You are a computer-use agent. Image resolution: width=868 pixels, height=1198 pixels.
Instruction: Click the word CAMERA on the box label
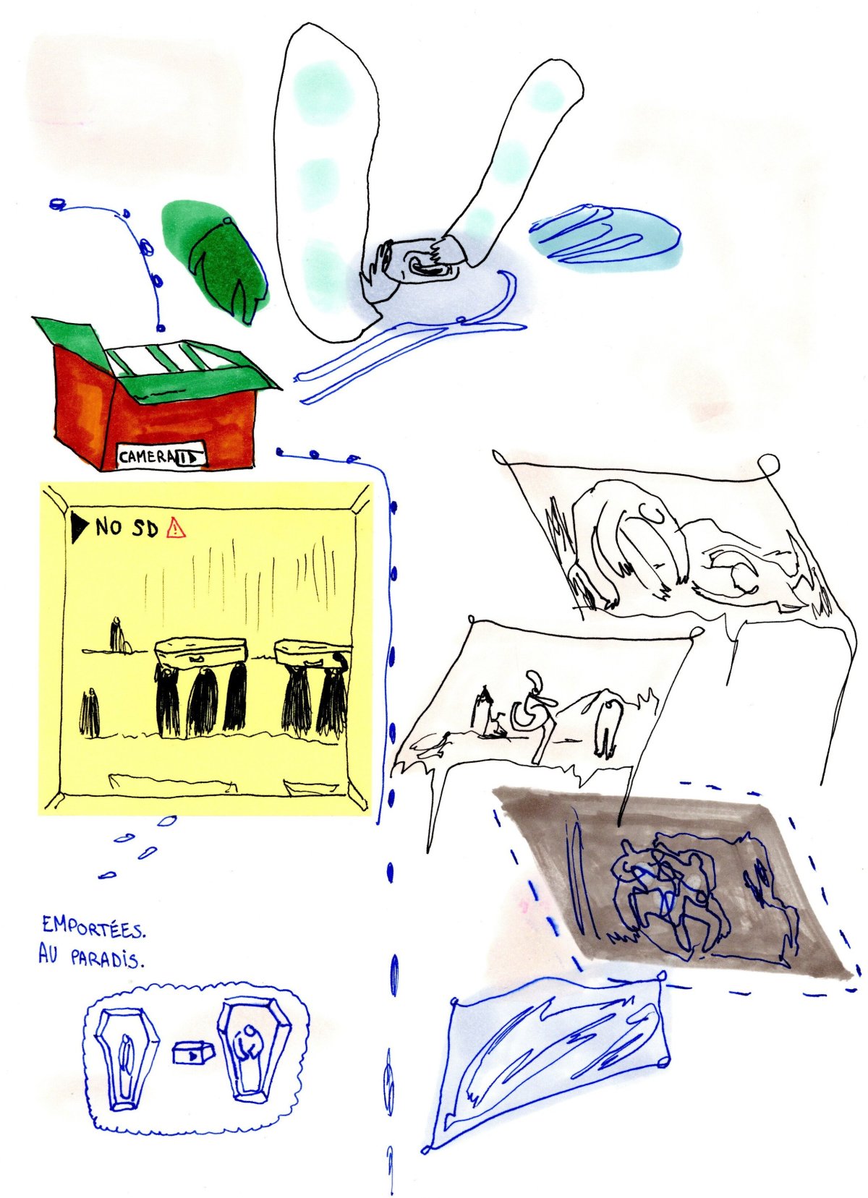click(147, 457)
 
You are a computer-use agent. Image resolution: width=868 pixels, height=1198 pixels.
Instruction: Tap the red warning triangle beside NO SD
click(176, 529)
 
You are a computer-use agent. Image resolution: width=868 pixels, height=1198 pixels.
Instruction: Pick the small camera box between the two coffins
click(193, 1053)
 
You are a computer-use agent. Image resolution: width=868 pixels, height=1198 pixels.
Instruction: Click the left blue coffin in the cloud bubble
click(127, 1059)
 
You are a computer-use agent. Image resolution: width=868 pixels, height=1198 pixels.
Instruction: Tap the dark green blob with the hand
click(216, 258)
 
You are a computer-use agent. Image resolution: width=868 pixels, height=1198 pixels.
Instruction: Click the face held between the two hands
click(427, 267)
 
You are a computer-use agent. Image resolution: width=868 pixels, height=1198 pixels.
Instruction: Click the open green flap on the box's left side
click(64, 336)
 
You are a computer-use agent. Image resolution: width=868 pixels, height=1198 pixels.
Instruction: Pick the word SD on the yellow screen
click(144, 528)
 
